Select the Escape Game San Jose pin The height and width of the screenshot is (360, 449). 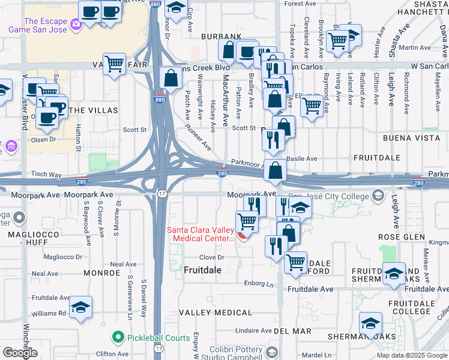click(x=76, y=25)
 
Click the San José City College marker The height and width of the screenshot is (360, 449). click(x=378, y=194)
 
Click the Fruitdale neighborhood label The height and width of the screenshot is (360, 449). click(x=202, y=270)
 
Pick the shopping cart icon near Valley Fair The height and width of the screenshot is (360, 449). click(x=114, y=62)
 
